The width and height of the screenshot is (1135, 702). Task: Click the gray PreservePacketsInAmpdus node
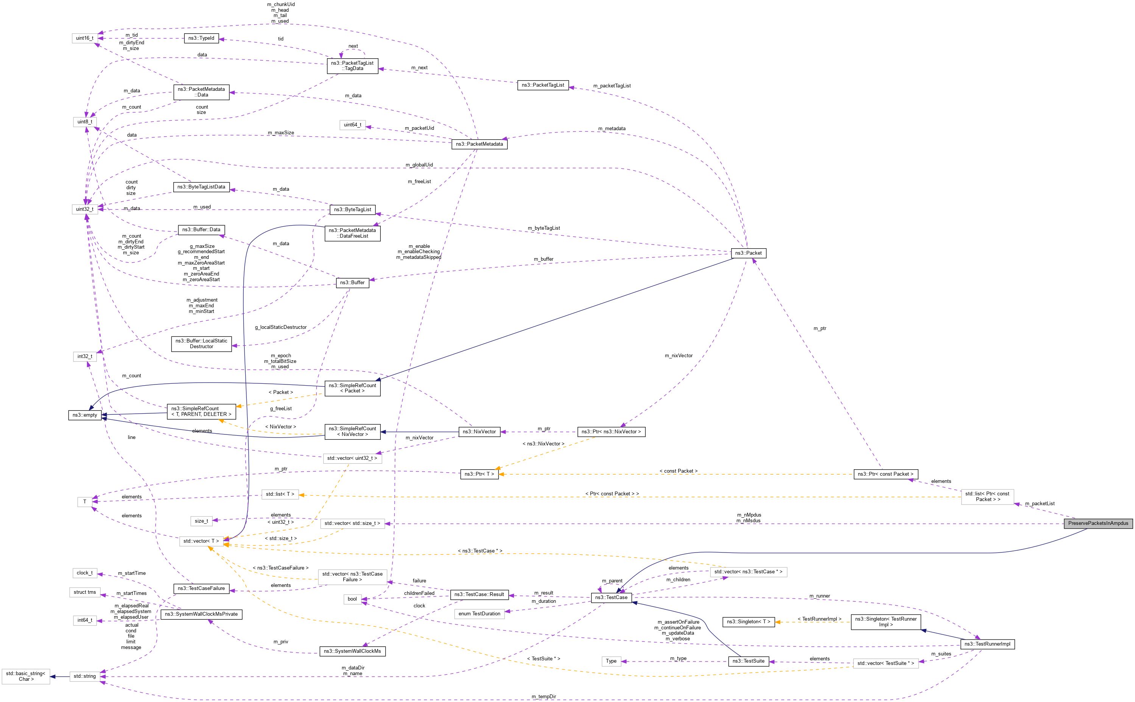tap(1098, 523)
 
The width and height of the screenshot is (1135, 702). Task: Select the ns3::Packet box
tap(748, 253)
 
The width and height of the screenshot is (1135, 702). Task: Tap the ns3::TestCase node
tap(611, 598)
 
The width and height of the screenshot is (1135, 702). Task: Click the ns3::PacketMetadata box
tap(479, 144)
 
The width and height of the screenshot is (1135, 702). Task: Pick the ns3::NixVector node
tap(479, 432)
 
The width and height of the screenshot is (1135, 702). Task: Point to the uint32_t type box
tap(85, 209)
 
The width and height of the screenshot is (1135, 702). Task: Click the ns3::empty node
tap(84, 415)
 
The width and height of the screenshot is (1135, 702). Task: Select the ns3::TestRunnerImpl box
tap(987, 644)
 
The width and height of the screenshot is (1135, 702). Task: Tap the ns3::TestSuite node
tap(748, 661)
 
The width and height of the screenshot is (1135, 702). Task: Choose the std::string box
tap(84, 677)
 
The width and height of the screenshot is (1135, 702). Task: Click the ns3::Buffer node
tap(352, 282)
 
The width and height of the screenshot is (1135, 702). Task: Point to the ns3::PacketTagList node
tap(543, 85)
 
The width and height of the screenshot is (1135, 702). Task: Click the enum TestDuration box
tap(479, 614)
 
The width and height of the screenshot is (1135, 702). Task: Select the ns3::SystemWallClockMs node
tap(352, 651)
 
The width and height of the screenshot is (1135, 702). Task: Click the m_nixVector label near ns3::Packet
tap(678, 356)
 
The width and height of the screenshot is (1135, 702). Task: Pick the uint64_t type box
tap(352, 125)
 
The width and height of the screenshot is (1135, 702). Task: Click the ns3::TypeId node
tap(201, 38)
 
